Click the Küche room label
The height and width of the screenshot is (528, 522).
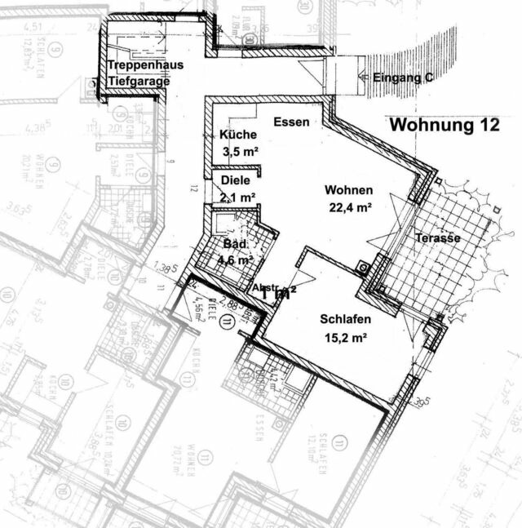pyautogui.click(x=239, y=135)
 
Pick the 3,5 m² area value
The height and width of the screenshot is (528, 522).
pyautogui.click(x=240, y=150)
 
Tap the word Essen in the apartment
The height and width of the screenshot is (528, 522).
pyautogui.click(x=292, y=122)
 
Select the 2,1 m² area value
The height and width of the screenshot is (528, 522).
pyautogui.click(x=238, y=197)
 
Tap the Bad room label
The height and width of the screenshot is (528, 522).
pyautogui.click(x=236, y=244)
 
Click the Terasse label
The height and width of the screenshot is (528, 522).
pyautogui.click(x=438, y=237)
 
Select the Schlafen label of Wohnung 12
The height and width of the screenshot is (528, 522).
pyautogui.click(x=345, y=320)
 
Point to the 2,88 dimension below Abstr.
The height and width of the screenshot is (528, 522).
pyautogui.click(x=234, y=307)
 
